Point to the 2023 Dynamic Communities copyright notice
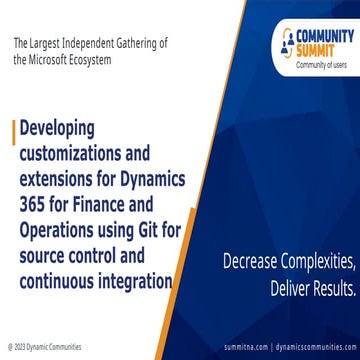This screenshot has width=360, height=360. [x=39, y=351]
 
